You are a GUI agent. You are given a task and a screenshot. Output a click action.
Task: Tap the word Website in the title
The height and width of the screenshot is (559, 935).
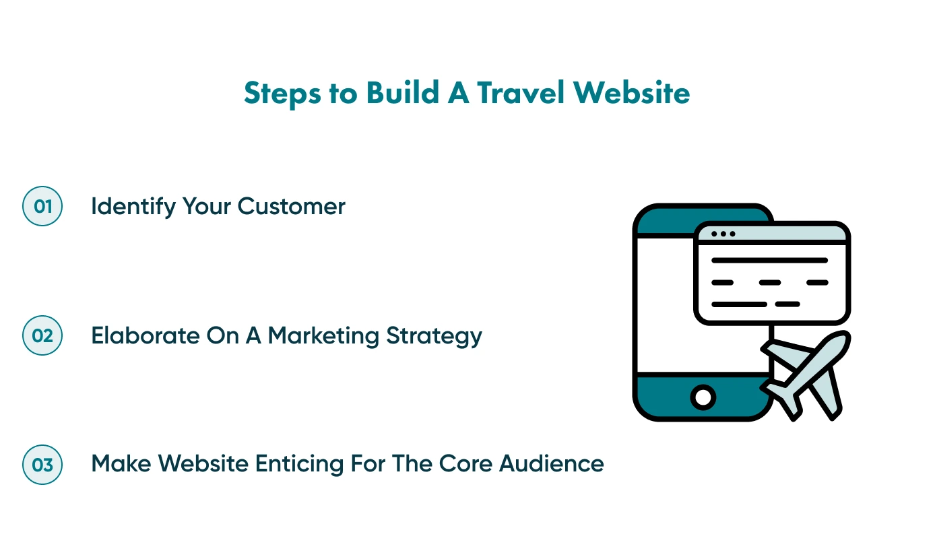click(x=631, y=93)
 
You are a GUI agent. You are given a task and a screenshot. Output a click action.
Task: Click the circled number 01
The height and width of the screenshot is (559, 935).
click(x=42, y=206)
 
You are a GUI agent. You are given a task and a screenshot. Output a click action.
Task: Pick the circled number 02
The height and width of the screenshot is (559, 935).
click(x=42, y=335)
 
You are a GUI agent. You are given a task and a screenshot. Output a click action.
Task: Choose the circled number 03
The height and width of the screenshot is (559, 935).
click(x=42, y=465)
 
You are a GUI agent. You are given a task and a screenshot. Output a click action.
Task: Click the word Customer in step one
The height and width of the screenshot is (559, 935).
click(x=292, y=206)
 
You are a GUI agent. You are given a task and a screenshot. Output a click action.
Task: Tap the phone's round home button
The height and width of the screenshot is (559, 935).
click(x=703, y=397)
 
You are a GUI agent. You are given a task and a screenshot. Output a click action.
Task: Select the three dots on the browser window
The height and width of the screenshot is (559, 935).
click(x=723, y=234)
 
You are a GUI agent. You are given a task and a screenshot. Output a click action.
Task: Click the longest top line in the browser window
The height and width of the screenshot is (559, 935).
click(x=769, y=260)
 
